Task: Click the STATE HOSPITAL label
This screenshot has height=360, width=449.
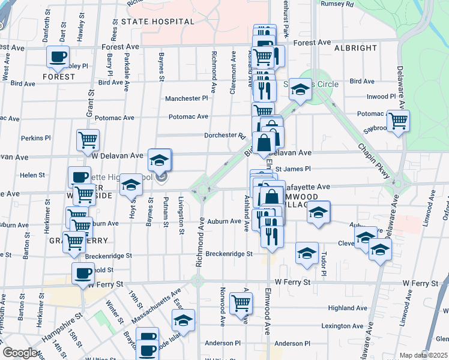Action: coord(158,22)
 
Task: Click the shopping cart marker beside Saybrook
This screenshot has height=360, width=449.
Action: coord(398,121)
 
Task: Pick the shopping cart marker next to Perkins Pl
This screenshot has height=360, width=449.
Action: coord(88,140)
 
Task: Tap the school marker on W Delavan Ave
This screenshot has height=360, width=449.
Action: coord(160,160)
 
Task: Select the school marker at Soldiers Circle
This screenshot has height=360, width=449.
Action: coord(300,91)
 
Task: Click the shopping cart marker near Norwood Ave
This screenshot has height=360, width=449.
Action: coord(240,304)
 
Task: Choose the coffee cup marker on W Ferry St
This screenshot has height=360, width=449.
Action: coord(83,274)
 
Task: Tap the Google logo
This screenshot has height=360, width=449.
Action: coord(20,353)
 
